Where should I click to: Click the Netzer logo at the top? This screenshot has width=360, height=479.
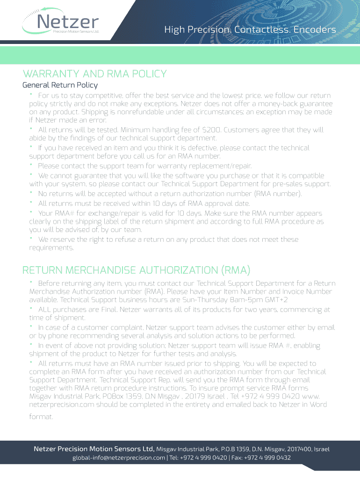point(61,22)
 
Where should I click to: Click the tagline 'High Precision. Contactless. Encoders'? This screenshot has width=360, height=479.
point(250,30)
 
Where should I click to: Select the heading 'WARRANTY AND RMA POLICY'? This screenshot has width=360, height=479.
point(94,74)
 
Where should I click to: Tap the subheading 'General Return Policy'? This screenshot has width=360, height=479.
point(60,85)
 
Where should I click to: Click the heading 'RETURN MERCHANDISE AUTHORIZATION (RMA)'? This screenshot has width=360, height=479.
point(136,270)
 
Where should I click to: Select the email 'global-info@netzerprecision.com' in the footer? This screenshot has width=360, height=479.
point(119,457)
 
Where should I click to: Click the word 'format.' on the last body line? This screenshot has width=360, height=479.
point(41,416)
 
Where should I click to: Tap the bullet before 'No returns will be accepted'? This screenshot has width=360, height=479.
point(31,193)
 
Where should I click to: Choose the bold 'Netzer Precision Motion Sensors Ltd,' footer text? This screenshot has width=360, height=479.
point(94,449)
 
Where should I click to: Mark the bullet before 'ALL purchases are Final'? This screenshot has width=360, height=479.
point(31,309)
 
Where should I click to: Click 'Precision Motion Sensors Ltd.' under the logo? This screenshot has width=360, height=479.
point(76,32)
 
